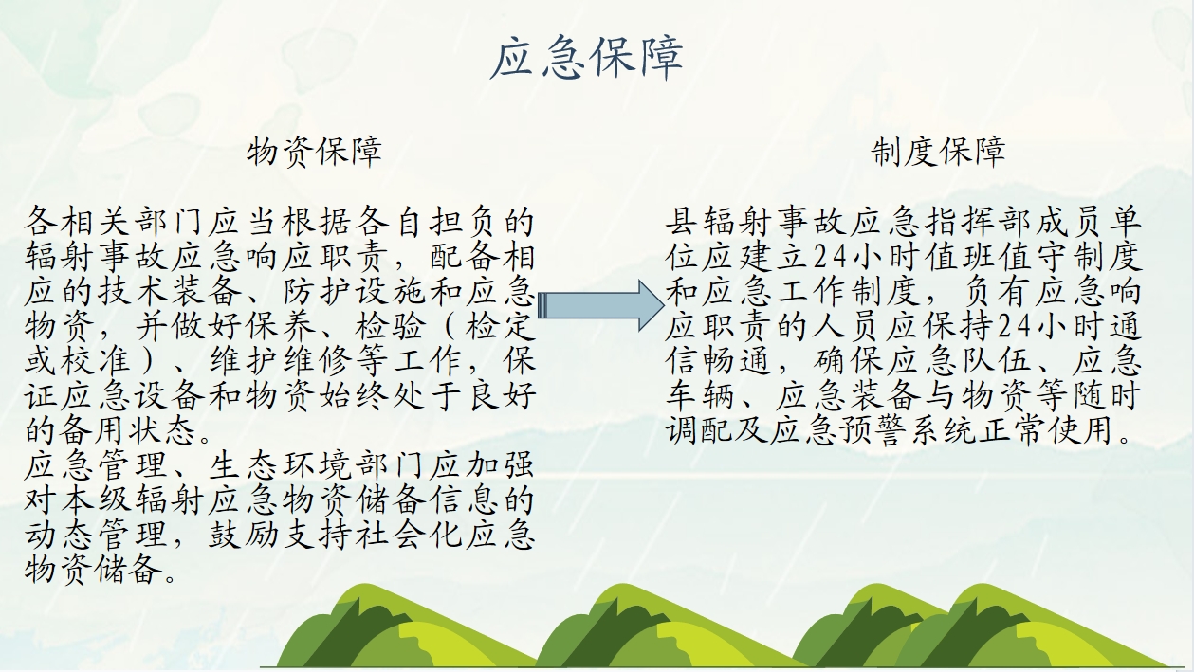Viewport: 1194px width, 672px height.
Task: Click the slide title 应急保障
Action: [586, 58]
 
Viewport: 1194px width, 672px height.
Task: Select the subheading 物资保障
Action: [315, 152]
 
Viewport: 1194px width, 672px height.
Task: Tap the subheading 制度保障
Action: [939, 152]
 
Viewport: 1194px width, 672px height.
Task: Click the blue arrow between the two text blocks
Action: [600, 305]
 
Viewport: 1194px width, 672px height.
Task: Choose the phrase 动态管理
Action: [96, 535]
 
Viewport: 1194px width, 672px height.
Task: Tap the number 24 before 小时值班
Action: [831, 257]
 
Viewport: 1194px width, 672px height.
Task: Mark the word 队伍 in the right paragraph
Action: [996, 360]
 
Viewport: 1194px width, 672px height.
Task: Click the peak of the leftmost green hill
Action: [362, 585]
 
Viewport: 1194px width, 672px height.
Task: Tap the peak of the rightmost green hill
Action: [982, 585]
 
